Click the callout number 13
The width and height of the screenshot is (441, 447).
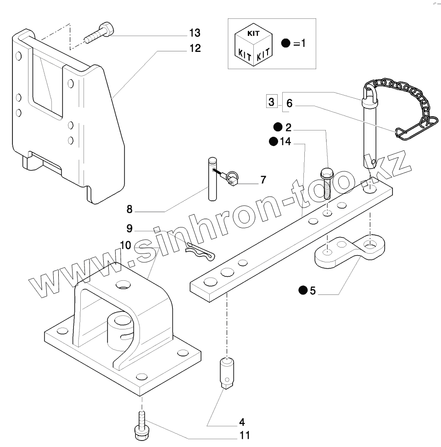click(x=195, y=33)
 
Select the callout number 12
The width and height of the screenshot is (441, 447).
click(x=195, y=48)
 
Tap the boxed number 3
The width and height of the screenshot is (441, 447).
click(x=272, y=102)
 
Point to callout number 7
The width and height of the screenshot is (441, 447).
click(x=262, y=180)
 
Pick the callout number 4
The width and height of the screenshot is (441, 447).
click(x=241, y=421)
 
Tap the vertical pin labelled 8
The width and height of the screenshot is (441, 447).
click(x=212, y=179)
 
